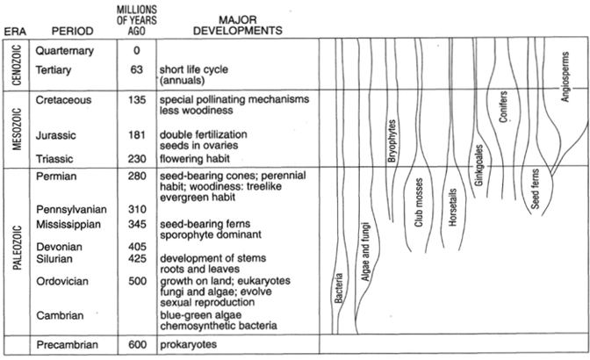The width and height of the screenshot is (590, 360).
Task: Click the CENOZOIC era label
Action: coord(17,65)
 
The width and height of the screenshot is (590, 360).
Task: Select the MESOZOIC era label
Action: coord(17,129)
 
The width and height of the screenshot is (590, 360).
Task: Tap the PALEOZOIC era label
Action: coord(17,248)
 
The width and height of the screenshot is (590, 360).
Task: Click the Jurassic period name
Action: coord(55,135)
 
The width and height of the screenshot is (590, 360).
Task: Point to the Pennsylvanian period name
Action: coord(71,210)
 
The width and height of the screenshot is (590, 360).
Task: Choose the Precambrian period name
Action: coord(67,344)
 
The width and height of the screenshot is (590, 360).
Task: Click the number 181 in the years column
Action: coord(137,134)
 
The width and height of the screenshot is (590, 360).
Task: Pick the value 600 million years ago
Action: coord(137,344)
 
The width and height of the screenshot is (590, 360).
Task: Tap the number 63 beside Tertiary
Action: coord(137,69)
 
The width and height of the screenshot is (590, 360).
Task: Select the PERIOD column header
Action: coord(72,31)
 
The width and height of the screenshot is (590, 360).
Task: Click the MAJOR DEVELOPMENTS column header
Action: coord(238,25)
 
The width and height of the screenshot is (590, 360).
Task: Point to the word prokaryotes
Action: coord(189,344)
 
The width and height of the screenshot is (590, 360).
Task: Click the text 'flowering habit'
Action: coord(195,158)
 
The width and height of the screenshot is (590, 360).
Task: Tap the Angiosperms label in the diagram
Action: coord(565,76)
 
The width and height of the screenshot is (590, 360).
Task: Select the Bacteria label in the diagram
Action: coord(339,288)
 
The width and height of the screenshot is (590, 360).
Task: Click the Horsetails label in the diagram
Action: coord(453,207)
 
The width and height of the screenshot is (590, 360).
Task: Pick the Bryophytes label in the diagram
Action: coord(392,140)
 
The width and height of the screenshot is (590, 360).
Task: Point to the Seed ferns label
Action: coord(535,189)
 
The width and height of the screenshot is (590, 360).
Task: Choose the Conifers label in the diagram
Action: coord(503,106)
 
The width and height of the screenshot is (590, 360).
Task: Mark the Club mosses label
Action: coord(419,202)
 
